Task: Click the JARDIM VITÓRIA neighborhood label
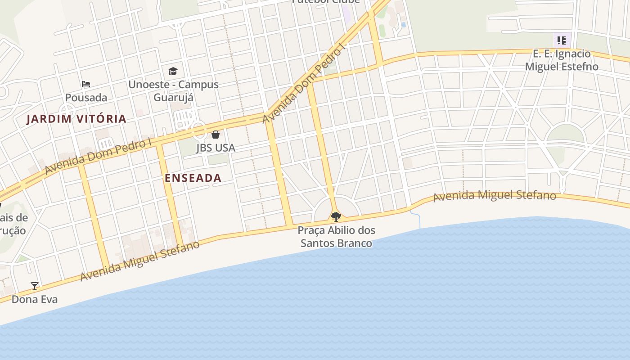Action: click(x=76, y=119)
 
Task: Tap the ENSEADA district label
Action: click(x=193, y=178)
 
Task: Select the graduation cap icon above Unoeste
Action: click(x=173, y=71)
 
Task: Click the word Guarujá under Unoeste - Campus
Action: click(x=174, y=98)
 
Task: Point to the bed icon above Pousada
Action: click(x=86, y=84)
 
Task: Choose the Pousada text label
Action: click(x=86, y=98)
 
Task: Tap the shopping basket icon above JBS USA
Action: click(x=216, y=135)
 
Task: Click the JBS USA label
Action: click(x=216, y=148)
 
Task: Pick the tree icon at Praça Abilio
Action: click(x=336, y=217)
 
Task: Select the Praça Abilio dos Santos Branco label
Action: click(x=336, y=237)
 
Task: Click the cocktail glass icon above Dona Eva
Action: click(x=35, y=286)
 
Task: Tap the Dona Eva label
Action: click(x=35, y=299)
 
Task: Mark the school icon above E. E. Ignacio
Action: click(x=561, y=40)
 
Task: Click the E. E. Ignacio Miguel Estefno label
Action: click(x=562, y=60)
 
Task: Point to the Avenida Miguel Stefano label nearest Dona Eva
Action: click(x=140, y=261)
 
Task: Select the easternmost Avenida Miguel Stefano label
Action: click(x=495, y=196)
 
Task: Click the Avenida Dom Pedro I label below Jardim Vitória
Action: click(x=98, y=157)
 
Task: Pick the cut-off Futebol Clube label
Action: click(x=326, y=2)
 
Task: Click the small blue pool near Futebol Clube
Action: click(x=403, y=25)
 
